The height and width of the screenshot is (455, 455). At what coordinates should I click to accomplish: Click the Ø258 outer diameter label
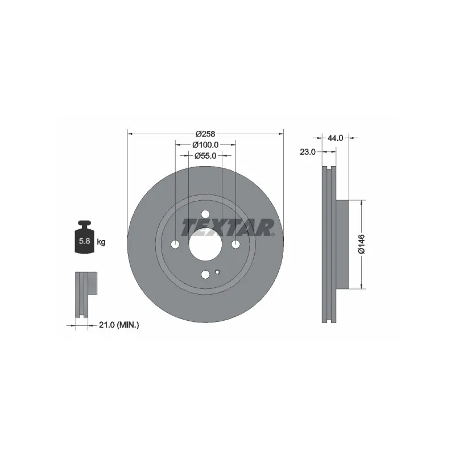pos(205,134)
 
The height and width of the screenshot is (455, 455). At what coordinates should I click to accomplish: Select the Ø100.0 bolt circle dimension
pos(205,144)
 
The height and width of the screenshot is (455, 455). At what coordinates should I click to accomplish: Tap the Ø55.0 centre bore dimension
pos(205,156)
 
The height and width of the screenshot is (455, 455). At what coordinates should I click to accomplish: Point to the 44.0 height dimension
pos(336,138)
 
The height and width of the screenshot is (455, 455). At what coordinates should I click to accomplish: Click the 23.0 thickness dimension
pos(308,152)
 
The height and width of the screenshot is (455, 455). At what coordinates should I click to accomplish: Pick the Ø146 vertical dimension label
pos(362,245)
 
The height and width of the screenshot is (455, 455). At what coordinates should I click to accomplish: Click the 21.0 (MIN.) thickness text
pos(119,325)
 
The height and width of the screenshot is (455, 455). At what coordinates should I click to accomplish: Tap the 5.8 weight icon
pos(84,237)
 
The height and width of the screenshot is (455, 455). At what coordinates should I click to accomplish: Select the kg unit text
pos(101,242)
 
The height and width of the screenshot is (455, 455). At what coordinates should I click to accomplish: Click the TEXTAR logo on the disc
pos(227,227)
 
